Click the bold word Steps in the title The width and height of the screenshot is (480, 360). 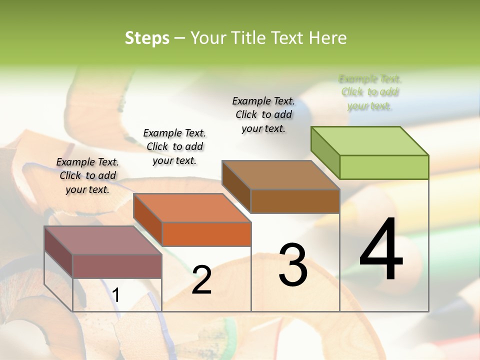tap(147, 38)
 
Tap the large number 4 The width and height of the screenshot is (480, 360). tap(381, 249)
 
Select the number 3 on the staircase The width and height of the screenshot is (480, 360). tap(292, 264)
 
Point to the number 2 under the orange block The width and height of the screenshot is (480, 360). tap(201, 280)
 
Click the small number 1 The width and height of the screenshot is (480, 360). tap(115, 295)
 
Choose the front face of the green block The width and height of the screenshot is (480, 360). tap(384, 167)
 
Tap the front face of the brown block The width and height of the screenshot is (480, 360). tap(295, 201)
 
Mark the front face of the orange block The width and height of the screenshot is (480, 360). tap(206, 234)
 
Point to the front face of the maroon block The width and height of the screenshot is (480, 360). tap(117, 266)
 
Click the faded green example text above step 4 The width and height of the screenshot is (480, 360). tap(370, 92)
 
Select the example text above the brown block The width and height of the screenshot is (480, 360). tap(263, 114)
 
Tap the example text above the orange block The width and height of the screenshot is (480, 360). tap(174, 146)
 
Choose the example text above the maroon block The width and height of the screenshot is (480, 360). tap(87, 175)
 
